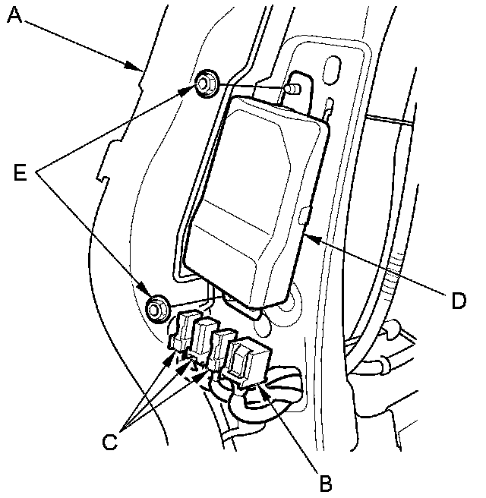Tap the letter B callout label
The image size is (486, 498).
point(325,480)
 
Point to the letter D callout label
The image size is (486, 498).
point(457,301)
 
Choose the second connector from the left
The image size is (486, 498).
point(204,338)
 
